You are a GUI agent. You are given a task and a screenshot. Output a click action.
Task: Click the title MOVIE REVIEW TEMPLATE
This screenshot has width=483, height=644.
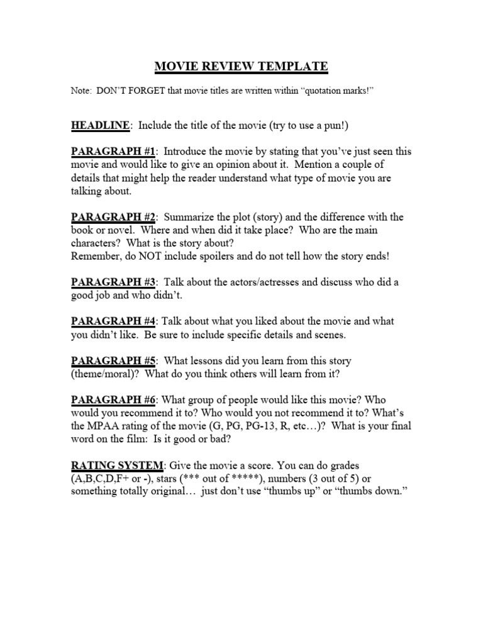tap(241, 66)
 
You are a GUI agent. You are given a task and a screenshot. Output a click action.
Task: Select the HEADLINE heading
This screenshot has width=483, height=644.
tap(100, 126)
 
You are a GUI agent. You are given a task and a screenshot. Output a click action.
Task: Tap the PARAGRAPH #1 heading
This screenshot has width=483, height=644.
tap(114, 152)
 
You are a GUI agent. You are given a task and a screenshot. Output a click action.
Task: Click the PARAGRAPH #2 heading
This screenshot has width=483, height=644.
tap(114, 217)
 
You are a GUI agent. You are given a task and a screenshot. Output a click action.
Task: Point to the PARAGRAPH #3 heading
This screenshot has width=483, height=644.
tap(114, 282)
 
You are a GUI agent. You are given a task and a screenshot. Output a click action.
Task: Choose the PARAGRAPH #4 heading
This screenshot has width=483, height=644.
tap(113, 321)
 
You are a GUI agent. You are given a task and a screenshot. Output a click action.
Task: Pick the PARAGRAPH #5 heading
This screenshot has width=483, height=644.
tap(114, 361)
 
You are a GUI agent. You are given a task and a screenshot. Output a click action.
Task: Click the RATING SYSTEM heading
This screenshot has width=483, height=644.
tap(117, 466)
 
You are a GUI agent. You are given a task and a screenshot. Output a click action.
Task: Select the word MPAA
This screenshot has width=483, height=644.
tap(108, 426)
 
